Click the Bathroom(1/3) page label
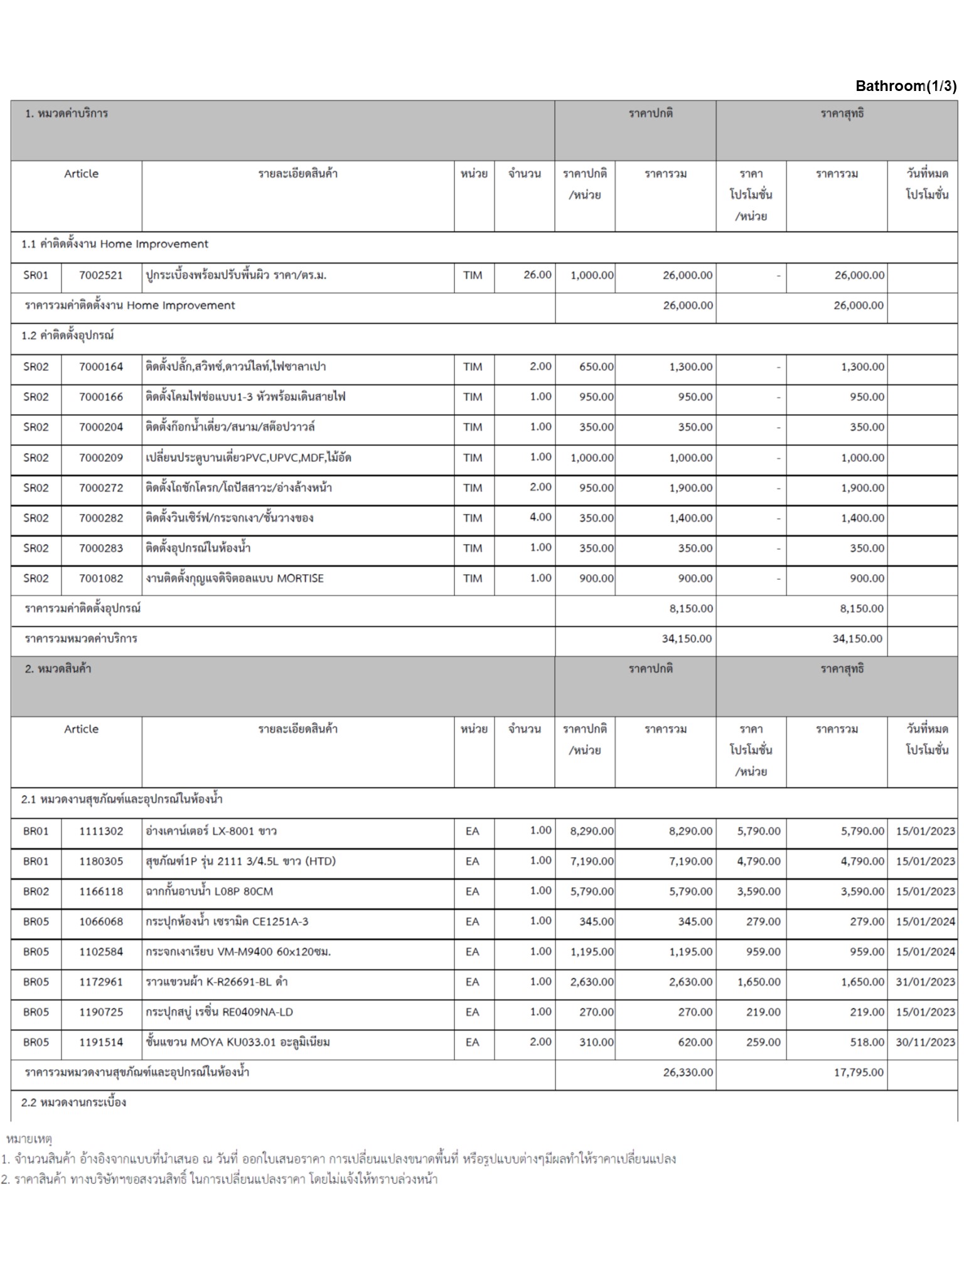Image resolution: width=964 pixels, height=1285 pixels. point(906,86)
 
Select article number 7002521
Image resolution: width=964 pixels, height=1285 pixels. point(101,275)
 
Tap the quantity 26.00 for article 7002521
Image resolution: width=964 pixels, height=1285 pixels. point(537,275)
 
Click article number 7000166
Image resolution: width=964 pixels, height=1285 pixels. point(101,397)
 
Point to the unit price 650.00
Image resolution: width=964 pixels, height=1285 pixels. point(596,367)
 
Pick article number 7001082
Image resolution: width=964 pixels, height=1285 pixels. point(101,579)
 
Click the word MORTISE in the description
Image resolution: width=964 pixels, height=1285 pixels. point(300,579)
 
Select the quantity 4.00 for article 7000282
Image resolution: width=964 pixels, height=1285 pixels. point(540,518)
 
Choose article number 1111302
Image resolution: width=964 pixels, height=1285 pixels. point(101,831)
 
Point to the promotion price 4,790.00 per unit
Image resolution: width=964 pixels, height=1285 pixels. point(758,861)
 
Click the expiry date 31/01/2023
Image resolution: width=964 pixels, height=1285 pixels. point(925,982)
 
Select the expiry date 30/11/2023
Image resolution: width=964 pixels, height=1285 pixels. point(925,1042)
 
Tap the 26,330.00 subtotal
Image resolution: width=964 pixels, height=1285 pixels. point(688,1072)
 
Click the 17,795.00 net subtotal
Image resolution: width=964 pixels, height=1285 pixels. point(858,1072)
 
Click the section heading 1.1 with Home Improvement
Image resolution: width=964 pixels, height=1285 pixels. point(114,244)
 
